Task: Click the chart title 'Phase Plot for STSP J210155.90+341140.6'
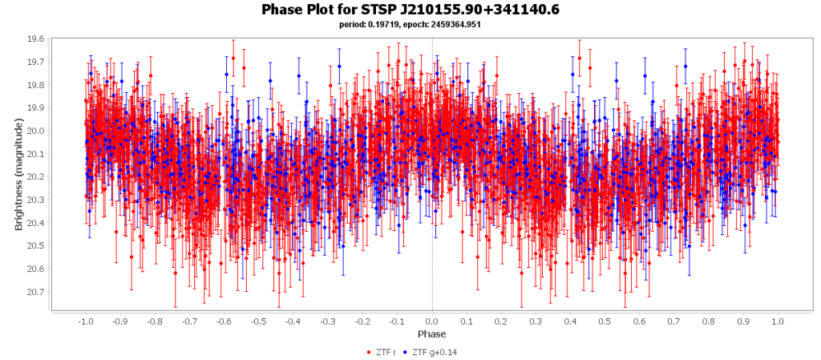(x=410, y=10)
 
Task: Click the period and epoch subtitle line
(x=410, y=25)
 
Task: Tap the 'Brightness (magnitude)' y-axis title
(x=18, y=173)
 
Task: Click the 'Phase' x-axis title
(x=432, y=334)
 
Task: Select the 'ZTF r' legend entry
(x=384, y=352)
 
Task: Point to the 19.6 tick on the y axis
(x=36, y=38)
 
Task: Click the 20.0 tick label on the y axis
(x=36, y=131)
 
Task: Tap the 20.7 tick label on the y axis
(x=36, y=291)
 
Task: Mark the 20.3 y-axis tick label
(x=36, y=200)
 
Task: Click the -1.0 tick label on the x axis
(x=84, y=321)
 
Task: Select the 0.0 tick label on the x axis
(x=432, y=321)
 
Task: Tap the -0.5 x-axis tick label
(x=258, y=321)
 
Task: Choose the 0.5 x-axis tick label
(x=605, y=321)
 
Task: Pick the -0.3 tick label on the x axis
(x=327, y=321)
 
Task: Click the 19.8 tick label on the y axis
(x=36, y=85)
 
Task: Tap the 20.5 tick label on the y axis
(x=36, y=245)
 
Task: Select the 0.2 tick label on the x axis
(x=501, y=321)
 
